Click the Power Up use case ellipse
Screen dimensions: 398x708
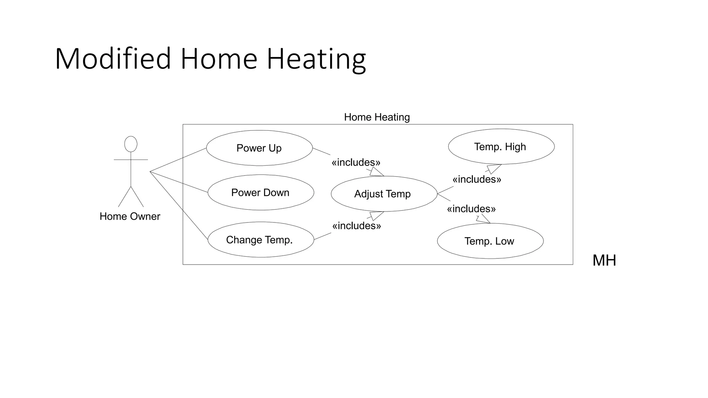pyautogui.click(x=259, y=148)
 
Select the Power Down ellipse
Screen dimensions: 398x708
pyautogui.click(x=260, y=192)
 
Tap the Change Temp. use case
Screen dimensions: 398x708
pyautogui.click(x=260, y=239)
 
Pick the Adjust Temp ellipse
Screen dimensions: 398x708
pyautogui.click(x=383, y=194)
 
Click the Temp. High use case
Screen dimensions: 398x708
pyautogui.click(x=501, y=146)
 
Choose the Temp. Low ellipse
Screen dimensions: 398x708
pyautogui.click(x=490, y=241)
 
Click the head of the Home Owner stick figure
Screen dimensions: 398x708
pyautogui.click(x=131, y=144)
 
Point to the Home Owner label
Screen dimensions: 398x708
pyautogui.click(x=130, y=216)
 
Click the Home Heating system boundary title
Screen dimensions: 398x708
pyautogui.click(x=377, y=117)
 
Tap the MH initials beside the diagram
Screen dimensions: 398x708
pyautogui.click(x=604, y=260)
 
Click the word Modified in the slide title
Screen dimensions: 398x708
pyautogui.click(x=113, y=59)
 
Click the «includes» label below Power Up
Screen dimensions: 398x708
pyautogui.click(x=356, y=162)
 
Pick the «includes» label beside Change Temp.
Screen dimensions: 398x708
pyautogui.click(x=356, y=226)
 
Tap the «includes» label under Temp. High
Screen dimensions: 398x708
pyautogui.click(x=477, y=179)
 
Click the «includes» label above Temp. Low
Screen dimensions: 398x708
pyautogui.click(x=471, y=209)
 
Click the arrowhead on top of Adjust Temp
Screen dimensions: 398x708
pyautogui.click(x=376, y=172)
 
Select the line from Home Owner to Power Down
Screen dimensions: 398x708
pyautogui.click(x=179, y=182)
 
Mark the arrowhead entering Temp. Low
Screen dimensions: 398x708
pyautogui.click(x=484, y=219)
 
